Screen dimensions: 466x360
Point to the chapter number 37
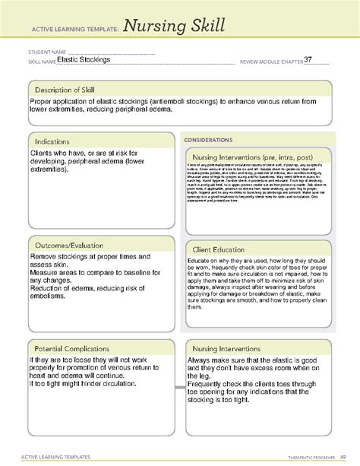pyautogui.click(x=308, y=59)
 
